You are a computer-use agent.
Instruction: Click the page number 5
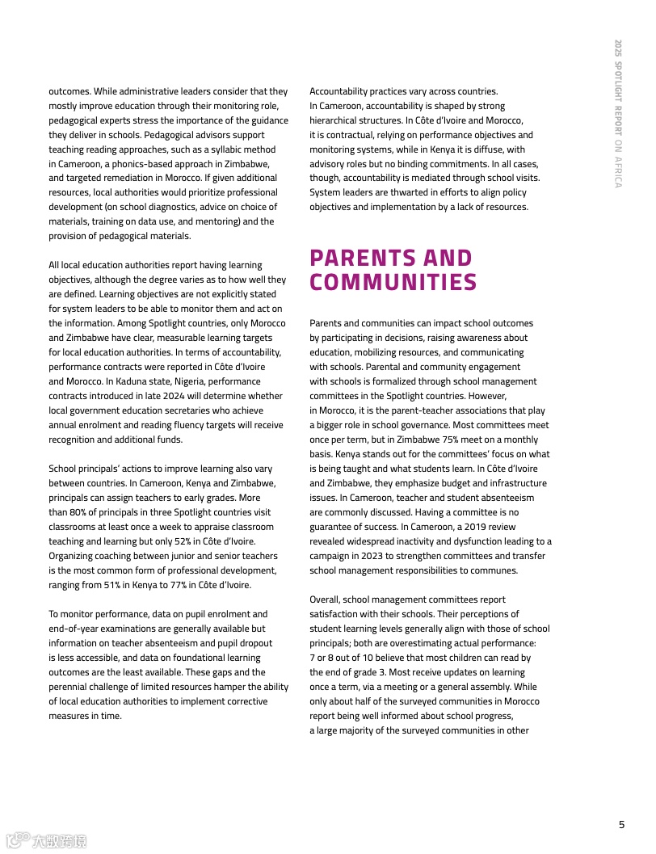click(621, 825)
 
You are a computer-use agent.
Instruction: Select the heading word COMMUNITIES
click(393, 283)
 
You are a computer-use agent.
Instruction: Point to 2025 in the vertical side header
click(618, 48)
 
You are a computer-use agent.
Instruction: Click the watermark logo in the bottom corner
click(47, 841)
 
